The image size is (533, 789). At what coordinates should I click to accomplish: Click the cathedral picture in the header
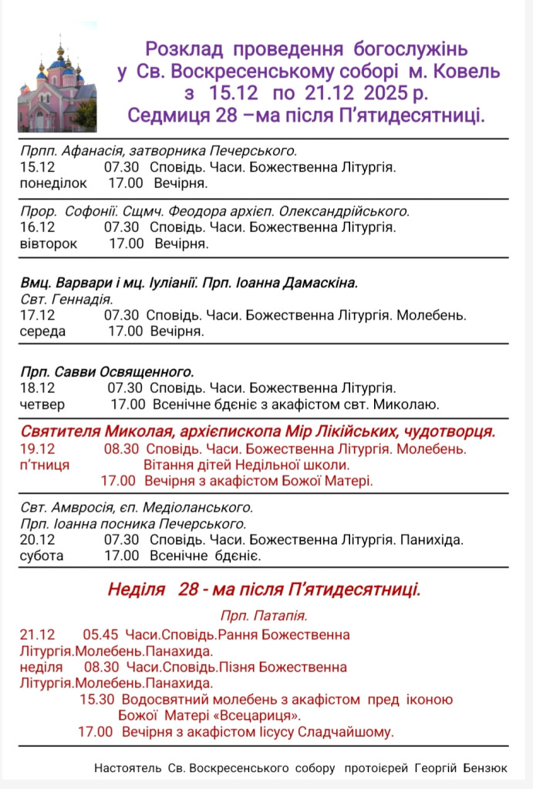[x=56, y=86]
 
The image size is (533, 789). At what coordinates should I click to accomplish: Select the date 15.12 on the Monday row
[x=38, y=166]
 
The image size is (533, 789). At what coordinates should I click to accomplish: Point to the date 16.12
[x=38, y=227]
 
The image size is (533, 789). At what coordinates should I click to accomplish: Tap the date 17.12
[x=38, y=315]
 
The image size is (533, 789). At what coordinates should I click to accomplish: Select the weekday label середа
[x=43, y=332]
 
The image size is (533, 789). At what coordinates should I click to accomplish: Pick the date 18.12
[x=38, y=388]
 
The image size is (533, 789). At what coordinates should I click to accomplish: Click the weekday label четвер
[x=42, y=405]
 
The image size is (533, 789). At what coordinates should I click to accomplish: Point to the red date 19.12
[x=38, y=448]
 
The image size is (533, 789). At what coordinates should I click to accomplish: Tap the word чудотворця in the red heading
[x=452, y=431]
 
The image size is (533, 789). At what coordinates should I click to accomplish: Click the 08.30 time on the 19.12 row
[x=121, y=448]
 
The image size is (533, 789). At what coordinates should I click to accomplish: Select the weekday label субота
[x=42, y=556]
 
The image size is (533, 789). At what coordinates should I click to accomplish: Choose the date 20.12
[x=38, y=539]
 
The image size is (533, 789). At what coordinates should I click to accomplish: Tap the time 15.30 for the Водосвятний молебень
[x=96, y=700]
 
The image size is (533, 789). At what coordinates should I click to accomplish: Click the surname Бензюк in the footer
[x=485, y=768]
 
